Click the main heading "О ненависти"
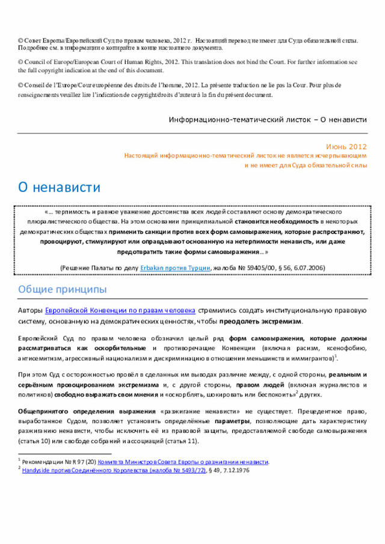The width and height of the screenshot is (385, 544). pyautogui.click(x=59, y=188)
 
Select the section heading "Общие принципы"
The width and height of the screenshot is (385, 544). pyautogui.click(x=62, y=290)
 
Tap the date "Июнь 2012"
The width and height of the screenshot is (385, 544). pyautogui.click(x=346, y=147)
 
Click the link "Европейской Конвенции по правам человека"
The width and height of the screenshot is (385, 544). pyautogui.click(x=120, y=311)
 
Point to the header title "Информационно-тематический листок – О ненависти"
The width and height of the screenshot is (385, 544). pyautogui.click(x=268, y=120)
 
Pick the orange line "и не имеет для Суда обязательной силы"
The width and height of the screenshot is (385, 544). pyautogui.click(x=305, y=165)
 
